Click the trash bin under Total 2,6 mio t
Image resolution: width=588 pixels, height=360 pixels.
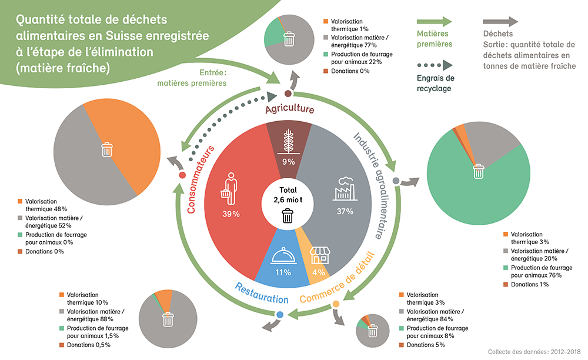point(288,216)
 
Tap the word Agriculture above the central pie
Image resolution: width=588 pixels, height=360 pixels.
point(289,110)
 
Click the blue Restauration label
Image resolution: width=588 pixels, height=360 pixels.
point(262,289)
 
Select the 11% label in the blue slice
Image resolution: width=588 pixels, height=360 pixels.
point(283,272)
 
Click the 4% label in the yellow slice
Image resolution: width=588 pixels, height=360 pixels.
point(319,272)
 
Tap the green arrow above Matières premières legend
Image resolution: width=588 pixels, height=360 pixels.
point(435,22)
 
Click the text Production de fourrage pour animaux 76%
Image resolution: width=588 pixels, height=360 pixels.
point(532,271)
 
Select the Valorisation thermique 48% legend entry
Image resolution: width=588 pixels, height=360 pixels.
point(42,205)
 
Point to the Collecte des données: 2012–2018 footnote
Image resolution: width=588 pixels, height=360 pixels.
point(533,351)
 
